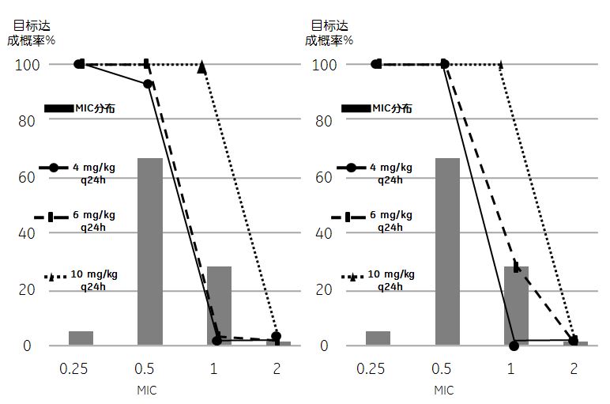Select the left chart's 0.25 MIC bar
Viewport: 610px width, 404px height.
[81, 338]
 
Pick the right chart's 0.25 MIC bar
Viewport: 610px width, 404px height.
[378, 338]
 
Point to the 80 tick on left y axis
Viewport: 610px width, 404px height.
[25, 121]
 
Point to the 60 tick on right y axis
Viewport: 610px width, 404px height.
[323, 177]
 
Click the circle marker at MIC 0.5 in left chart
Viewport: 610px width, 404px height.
[148, 84]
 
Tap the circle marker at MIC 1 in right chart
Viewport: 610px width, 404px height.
[514, 345]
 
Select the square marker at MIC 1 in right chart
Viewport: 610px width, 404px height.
[517, 267]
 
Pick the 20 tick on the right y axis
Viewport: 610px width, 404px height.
[323, 289]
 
